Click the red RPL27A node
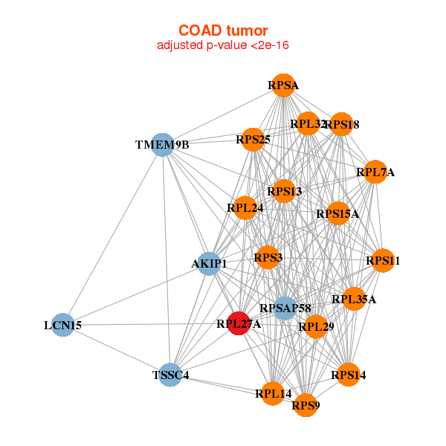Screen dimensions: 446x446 point(238,323)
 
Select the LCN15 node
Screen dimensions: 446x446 point(63,325)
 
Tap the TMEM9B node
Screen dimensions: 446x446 point(162,144)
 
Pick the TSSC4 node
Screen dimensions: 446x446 point(170,375)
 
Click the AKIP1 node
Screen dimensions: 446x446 point(209,263)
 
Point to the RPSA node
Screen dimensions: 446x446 point(283,85)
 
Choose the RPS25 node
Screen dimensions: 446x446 point(253,139)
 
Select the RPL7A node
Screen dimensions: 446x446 point(375,172)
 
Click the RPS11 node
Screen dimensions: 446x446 point(383,261)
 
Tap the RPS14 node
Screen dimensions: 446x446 point(349,375)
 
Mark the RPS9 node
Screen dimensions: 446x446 point(306,405)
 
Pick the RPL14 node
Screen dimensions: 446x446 point(273,393)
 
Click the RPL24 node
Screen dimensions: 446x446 point(245,207)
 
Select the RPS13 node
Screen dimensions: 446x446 point(284,192)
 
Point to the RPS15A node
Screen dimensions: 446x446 point(337,214)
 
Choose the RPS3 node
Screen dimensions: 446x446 point(268,258)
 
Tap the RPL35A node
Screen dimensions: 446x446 point(354,300)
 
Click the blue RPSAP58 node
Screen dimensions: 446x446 point(285,308)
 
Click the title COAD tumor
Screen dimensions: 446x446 point(223,30)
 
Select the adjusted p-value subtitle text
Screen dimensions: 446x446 point(223,45)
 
